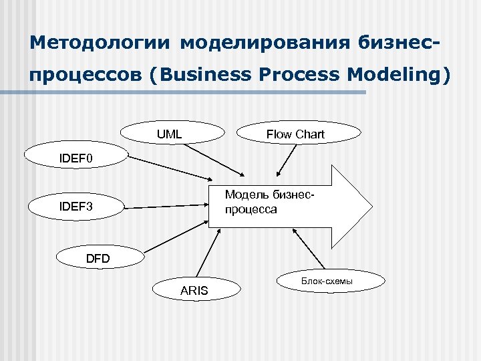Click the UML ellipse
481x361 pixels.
click(x=170, y=134)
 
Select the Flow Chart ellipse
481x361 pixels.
click(x=295, y=134)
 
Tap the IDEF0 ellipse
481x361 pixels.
click(x=75, y=158)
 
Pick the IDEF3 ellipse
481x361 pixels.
click(x=75, y=207)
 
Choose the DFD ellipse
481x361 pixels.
click(x=98, y=258)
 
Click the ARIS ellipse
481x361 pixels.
click(x=194, y=290)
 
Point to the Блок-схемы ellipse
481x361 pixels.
click(x=327, y=281)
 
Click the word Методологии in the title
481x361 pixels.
click(x=100, y=43)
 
